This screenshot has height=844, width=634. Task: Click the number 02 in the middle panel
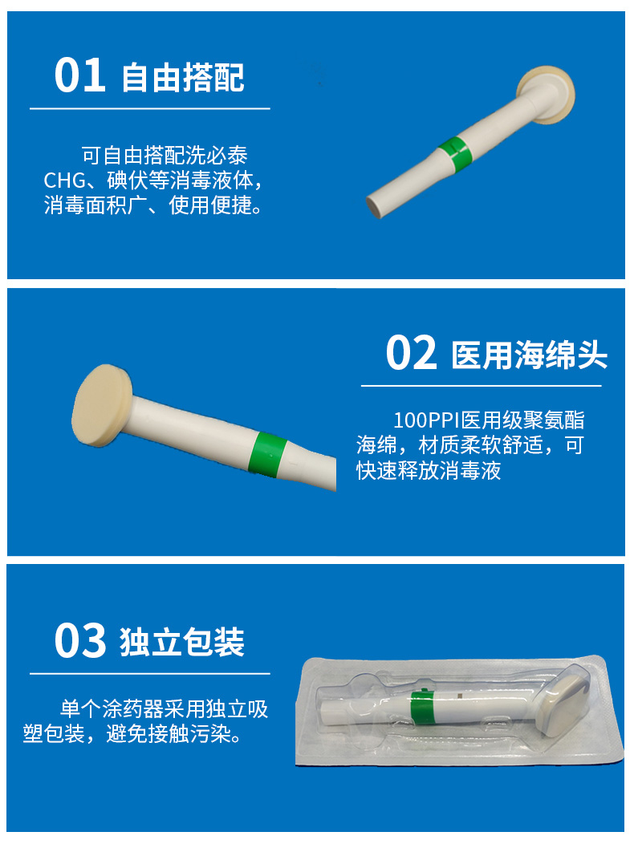point(412,353)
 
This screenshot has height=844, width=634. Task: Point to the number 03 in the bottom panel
point(80,641)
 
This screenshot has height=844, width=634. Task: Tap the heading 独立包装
point(183,643)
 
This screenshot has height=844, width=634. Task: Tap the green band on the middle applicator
point(268,453)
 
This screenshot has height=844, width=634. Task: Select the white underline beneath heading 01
point(150,108)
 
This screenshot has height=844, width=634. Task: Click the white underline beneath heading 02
point(481,386)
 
